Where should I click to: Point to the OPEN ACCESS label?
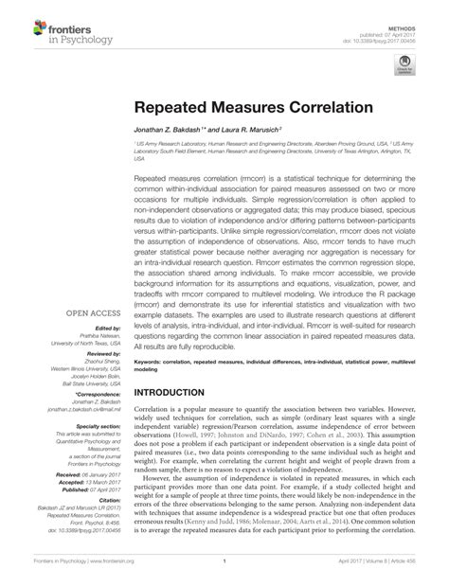[x=92, y=312]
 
